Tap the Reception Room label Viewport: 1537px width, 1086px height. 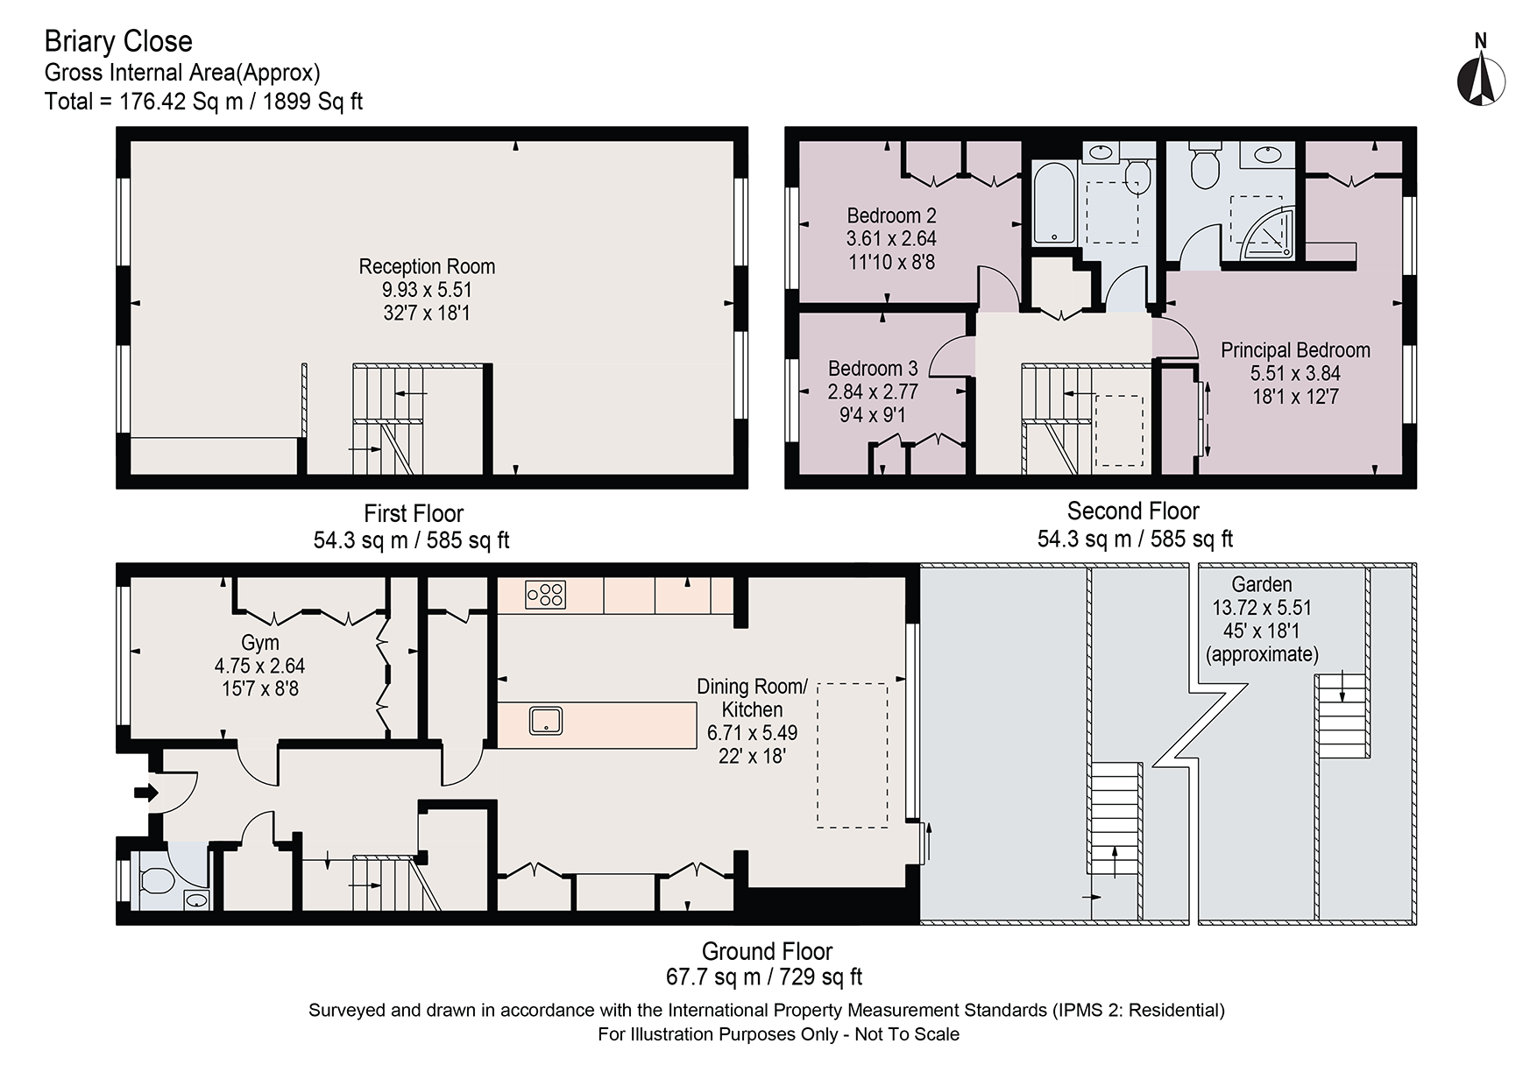pos(427,267)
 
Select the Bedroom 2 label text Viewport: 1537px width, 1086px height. pos(891,215)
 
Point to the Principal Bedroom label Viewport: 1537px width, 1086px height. pos(1295,350)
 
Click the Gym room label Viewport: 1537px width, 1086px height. pos(259,643)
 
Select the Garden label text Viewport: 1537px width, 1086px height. pos(1262,584)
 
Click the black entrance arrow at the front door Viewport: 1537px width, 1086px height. pos(145,793)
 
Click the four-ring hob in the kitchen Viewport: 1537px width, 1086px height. pos(545,595)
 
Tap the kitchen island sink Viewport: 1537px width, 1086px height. pos(546,721)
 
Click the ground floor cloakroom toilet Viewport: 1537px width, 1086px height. pos(158,878)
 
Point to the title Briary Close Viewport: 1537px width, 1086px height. pos(118,41)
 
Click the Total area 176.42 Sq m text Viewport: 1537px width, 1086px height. pos(203,102)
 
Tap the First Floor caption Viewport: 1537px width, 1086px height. pos(413,513)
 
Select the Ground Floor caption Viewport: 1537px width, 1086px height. pos(767,951)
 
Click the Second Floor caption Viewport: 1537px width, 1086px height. pos(1132,511)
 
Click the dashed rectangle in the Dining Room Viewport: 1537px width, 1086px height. pos(852,755)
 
